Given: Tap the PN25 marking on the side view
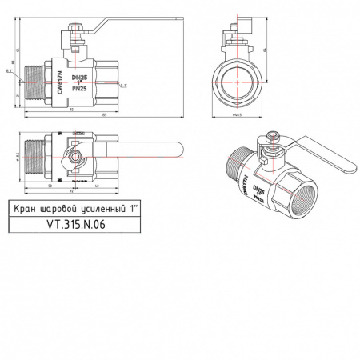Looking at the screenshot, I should click(x=79, y=90).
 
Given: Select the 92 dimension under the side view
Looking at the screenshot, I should click(x=72, y=110).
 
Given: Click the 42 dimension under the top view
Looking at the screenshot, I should click(x=97, y=187).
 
